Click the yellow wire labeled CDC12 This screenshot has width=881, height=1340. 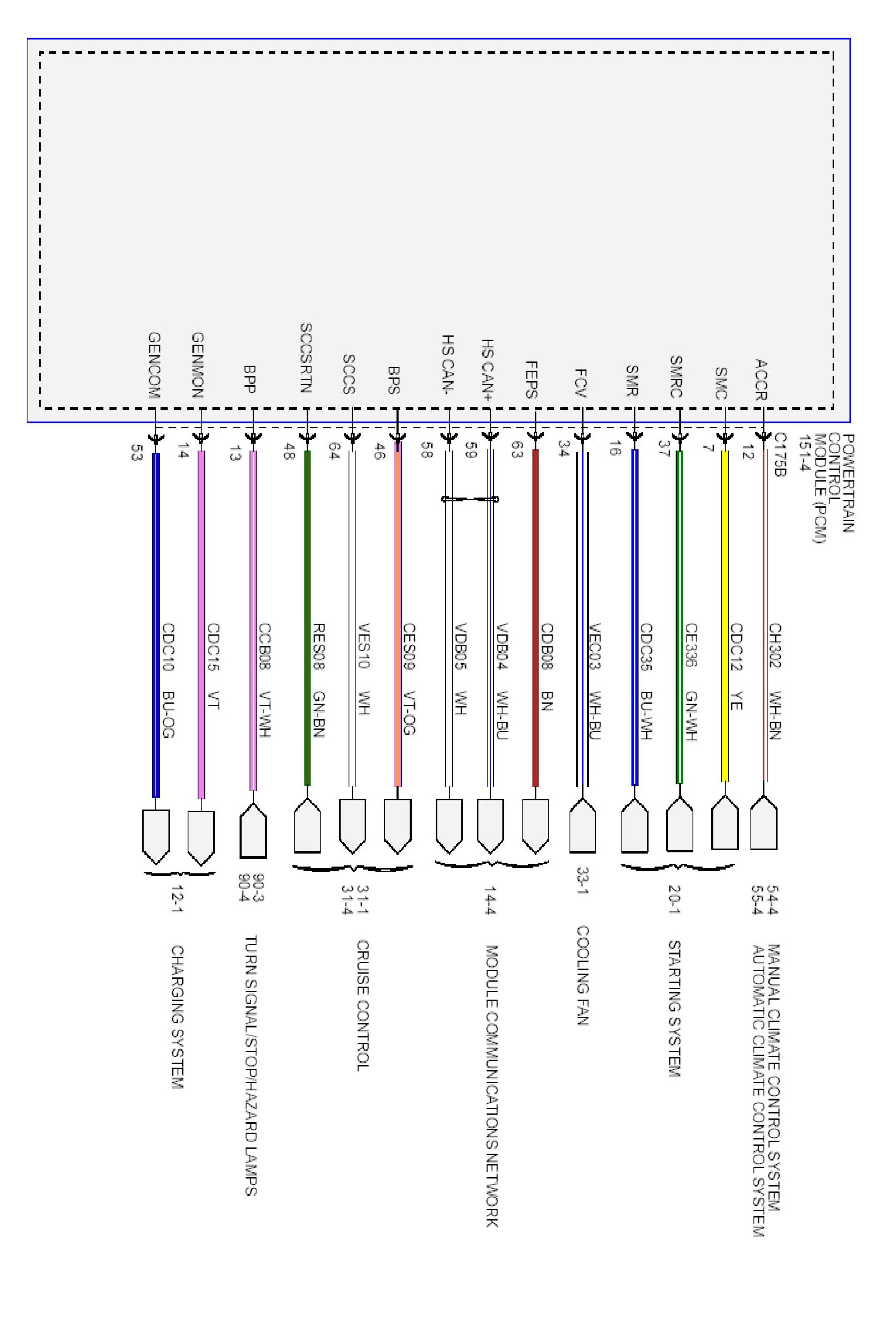725,563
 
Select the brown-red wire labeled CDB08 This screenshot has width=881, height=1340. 535,563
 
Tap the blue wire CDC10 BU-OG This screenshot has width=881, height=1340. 156,563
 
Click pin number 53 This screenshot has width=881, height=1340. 135,452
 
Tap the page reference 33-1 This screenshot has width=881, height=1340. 583,884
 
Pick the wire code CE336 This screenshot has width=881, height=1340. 691,645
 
